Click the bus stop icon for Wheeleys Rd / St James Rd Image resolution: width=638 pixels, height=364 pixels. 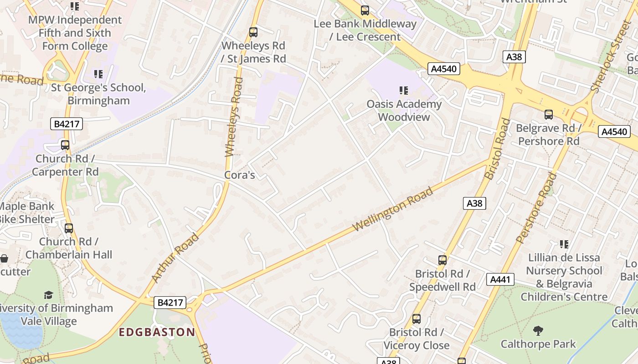[253, 32]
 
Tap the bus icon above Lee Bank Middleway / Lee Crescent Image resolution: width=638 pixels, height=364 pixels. [365, 10]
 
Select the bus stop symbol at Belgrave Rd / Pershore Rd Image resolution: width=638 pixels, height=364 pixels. [549, 115]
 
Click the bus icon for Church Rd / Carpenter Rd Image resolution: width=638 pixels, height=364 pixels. [65, 145]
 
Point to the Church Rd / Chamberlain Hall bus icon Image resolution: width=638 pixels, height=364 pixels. [69, 228]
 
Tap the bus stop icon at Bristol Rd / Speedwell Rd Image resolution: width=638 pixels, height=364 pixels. [442, 260]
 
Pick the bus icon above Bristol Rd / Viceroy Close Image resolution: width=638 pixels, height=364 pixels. [417, 319]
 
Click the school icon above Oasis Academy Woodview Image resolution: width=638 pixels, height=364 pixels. [403, 91]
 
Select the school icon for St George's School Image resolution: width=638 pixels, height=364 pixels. [98, 74]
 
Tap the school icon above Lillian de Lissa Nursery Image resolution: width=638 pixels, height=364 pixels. [564, 244]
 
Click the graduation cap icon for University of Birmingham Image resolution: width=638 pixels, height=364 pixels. [48, 295]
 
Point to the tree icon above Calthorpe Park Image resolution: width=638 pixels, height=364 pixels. [538, 330]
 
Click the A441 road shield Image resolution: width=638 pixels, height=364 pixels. [500, 279]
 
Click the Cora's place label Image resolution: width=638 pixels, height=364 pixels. [239, 175]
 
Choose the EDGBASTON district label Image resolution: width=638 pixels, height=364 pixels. [157, 332]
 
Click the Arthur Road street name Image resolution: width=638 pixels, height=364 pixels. [175, 258]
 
